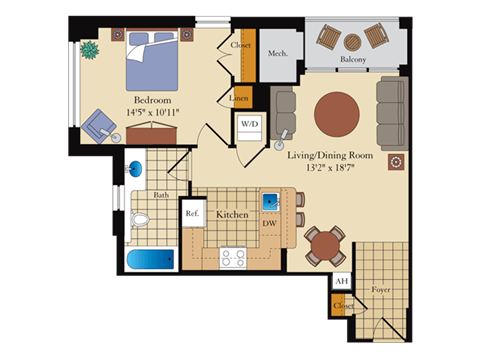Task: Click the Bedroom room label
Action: coord(152,100)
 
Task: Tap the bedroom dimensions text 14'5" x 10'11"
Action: coord(152,112)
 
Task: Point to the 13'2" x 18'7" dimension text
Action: coord(329,168)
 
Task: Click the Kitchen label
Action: coord(231,214)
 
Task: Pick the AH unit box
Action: coord(341,281)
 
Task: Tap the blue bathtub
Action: coord(149,261)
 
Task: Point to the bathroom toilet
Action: coord(140,217)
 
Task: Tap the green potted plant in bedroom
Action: coord(90,48)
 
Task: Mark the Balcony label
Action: coord(351,60)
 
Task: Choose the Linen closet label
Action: coord(240,98)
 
